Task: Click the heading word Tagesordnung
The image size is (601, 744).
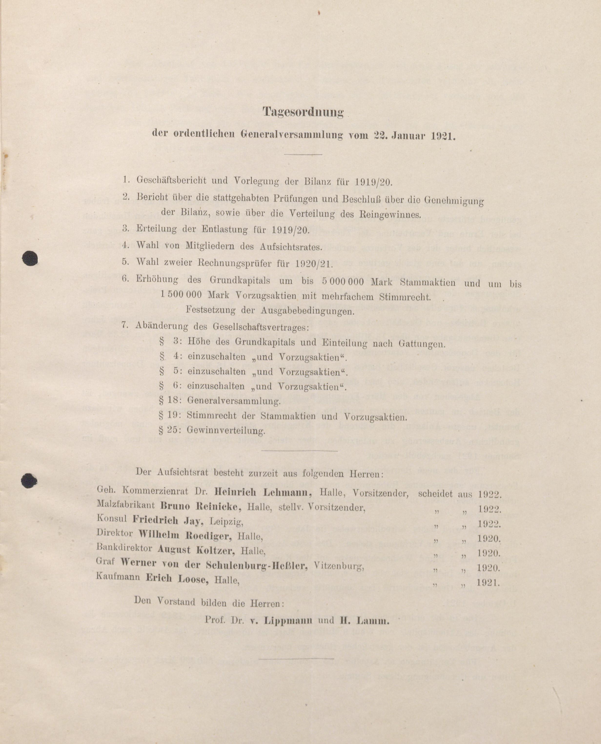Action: (303, 112)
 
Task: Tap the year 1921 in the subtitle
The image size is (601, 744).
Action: (443, 136)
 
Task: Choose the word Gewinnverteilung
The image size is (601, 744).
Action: (226, 431)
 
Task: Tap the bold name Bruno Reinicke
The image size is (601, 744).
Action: (201, 506)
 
